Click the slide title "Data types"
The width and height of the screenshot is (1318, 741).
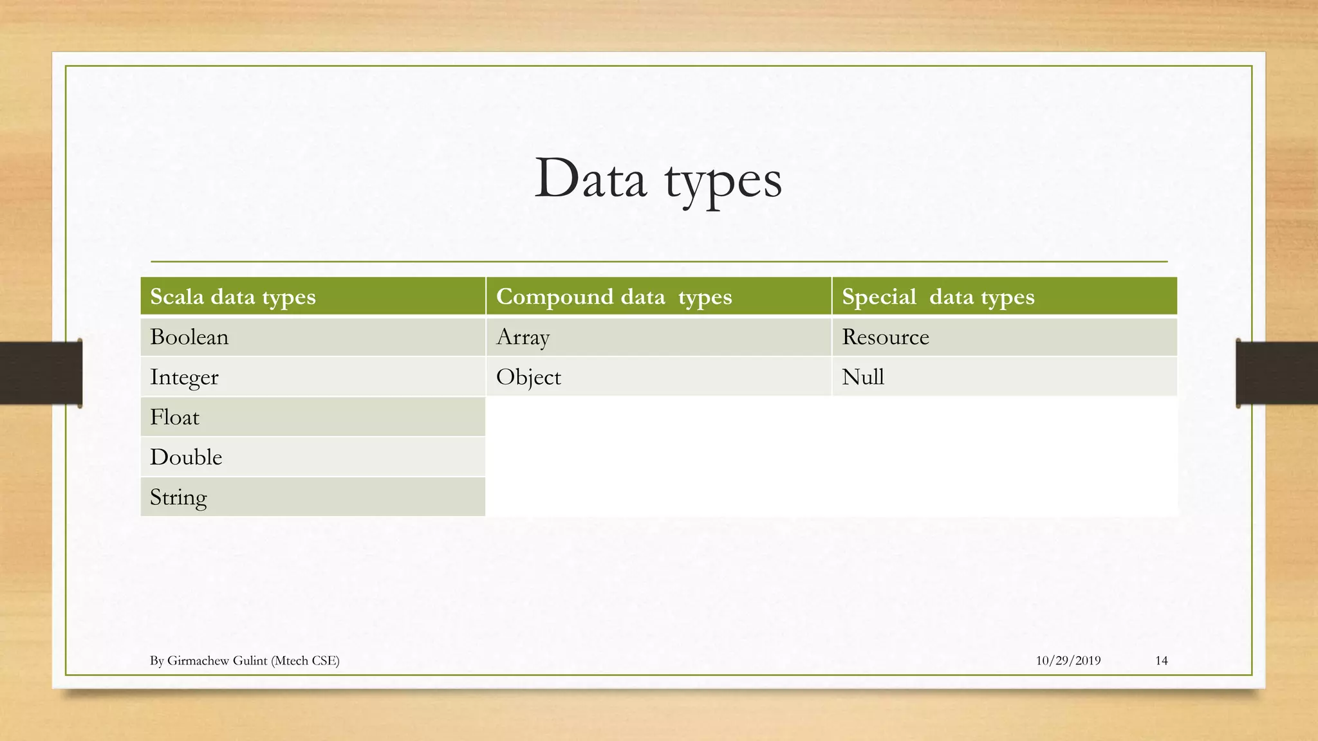[658, 179]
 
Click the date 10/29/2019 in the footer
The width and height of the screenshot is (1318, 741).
[1068, 661]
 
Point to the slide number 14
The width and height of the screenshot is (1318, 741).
[1162, 661]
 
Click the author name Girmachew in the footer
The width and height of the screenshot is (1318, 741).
[194, 661]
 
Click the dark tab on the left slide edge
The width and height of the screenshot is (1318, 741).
[41, 373]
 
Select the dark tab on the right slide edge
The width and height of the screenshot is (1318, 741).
[1277, 373]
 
